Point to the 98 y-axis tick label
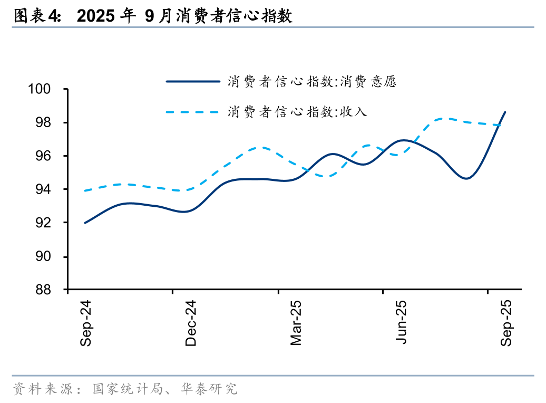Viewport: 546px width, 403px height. (43, 123)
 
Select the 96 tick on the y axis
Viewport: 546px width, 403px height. (43, 156)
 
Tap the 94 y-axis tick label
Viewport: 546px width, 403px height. (43, 189)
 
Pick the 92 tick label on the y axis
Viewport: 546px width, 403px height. (43, 223)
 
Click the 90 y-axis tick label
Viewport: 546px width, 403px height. (43, 256)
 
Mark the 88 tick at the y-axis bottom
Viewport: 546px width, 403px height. (43, 290)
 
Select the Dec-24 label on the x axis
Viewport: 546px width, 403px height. (191, 323)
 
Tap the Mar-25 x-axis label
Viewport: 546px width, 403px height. (296, 323)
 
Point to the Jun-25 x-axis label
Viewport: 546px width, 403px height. (402, 323)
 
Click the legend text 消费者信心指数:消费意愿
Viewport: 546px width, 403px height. (311, 82)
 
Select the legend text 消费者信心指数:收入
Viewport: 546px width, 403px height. (297, 112)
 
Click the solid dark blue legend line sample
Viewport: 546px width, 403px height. (192, 81)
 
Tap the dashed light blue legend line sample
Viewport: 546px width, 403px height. (192, 112)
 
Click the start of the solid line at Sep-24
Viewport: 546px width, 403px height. (85, 223)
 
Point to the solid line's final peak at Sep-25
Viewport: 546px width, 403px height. (505, 112)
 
